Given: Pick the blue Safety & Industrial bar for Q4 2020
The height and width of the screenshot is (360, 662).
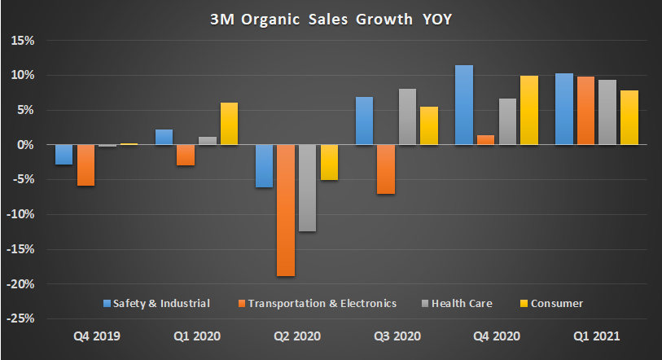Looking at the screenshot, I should pyautogui.click(x=464, y=105).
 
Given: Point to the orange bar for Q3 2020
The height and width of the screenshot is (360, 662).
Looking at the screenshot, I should pyautogui.click(x=386, y=169).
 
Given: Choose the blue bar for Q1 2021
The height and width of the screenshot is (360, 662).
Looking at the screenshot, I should pyautogui.click(x=564, y=109).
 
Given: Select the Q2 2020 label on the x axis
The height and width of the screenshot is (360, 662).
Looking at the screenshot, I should pyautogui.click(x=296, y=336).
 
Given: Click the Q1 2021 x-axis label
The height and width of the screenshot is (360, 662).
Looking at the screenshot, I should pyautogui.click(x=596, y=336).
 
